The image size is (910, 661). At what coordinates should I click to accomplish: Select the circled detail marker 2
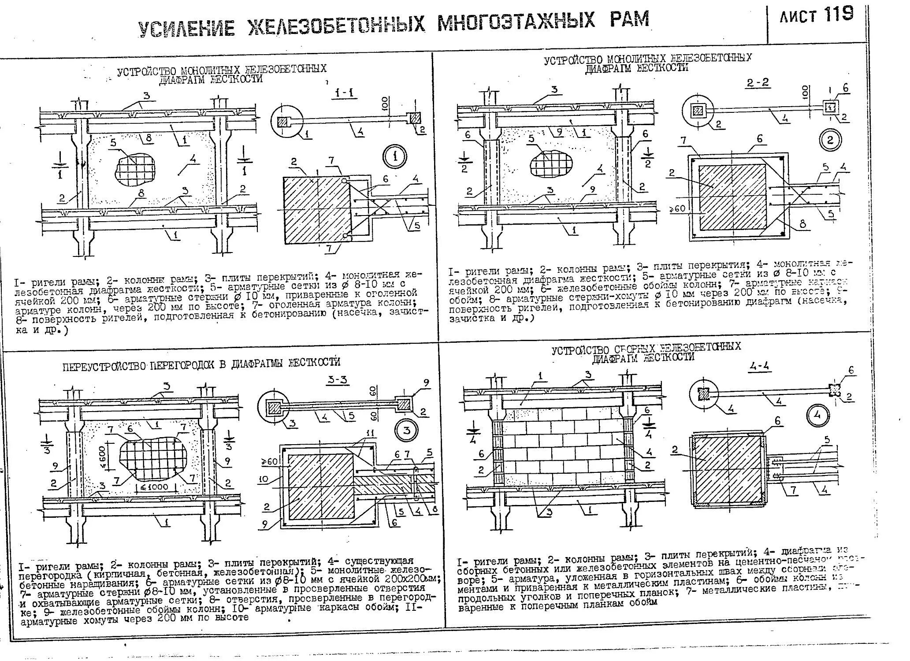(x=830, y=140)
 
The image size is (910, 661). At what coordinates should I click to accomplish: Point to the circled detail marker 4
(x=819, y=416)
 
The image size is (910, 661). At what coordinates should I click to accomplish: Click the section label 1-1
(x=345, y=93)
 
